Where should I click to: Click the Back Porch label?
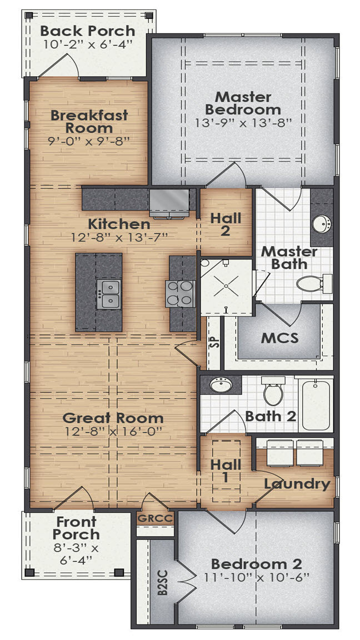[x=87, y=31]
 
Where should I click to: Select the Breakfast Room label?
[x=89, y=121]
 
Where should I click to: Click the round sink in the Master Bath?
[x=321, y=224]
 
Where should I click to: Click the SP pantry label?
[x=214, y=342]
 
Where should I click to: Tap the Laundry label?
[x=297, y=483]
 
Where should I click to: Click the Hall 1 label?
[x=226, y=470]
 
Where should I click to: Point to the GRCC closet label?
[x=155, y=519]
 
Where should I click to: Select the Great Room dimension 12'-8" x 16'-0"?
[x=113, y=432]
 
